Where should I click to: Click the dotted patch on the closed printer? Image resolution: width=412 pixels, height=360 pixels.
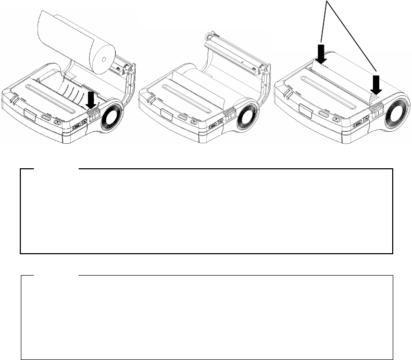coord(374,97)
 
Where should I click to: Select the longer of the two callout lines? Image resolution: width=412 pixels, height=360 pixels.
coord(354,36)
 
